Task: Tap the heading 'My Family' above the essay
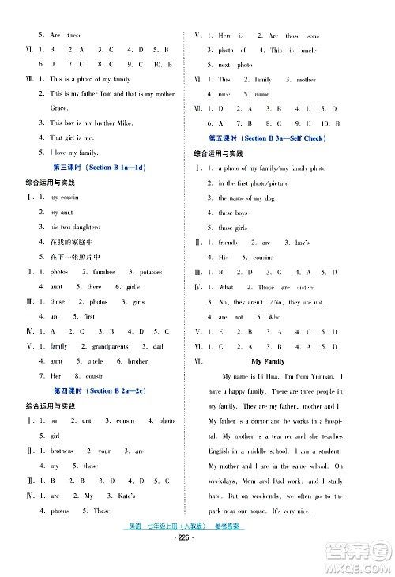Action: pos(267,361)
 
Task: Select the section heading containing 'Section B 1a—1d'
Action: pos(103,168)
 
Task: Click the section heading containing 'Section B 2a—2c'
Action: pos(104,391)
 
